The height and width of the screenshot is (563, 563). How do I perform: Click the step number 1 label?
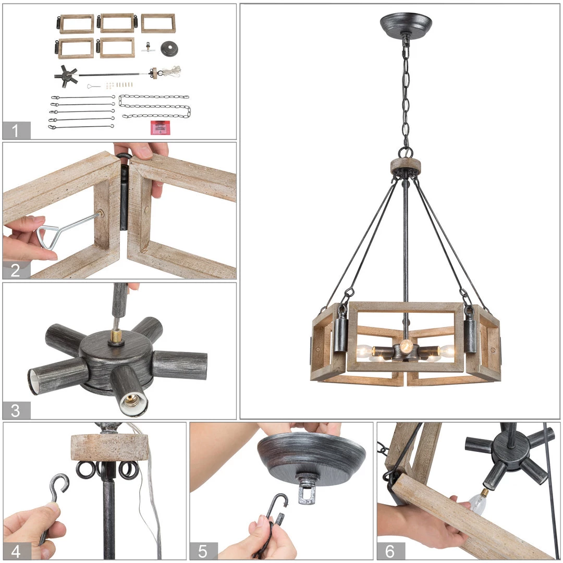pos(15,131)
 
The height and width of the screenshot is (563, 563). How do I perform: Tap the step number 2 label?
pos(16,271)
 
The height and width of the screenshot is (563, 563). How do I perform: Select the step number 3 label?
pos(16,411)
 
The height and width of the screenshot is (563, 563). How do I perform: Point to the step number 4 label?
pos(16,552)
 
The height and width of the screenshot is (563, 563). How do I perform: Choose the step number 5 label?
pos(203,551)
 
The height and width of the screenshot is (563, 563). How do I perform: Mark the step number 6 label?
pos(390,551)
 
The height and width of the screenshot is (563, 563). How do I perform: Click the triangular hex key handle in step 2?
pos(47,237)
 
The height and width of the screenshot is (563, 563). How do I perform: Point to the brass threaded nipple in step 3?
pos(116,336)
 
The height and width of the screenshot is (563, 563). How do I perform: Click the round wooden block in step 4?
pos(110,447)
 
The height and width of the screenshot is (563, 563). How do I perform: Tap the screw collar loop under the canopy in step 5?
pos(307,489)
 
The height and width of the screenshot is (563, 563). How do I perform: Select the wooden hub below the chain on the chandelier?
pos(406,166)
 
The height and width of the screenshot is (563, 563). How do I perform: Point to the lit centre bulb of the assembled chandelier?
pos(407,346)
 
